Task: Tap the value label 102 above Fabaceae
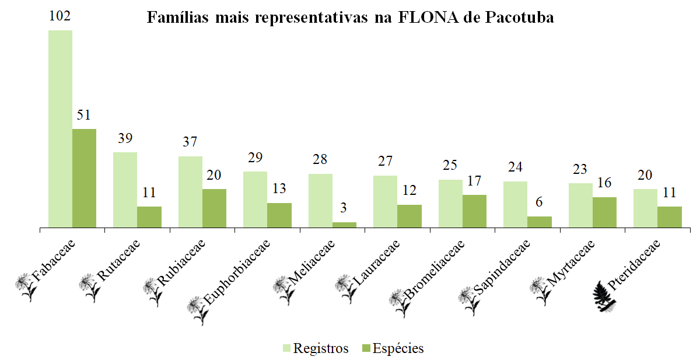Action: [60, 16]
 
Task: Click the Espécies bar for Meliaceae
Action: [344, 224]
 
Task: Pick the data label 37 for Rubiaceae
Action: [190, 142]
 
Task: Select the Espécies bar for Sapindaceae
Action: [540, 221]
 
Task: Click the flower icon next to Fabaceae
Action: [27, 286]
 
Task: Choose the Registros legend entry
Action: [315, 348]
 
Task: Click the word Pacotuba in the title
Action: [519, 18]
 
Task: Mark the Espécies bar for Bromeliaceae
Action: [474, 210]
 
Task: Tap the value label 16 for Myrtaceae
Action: [604, 183]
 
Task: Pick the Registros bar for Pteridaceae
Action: [645, 207]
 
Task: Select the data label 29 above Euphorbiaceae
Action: [255, 158]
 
